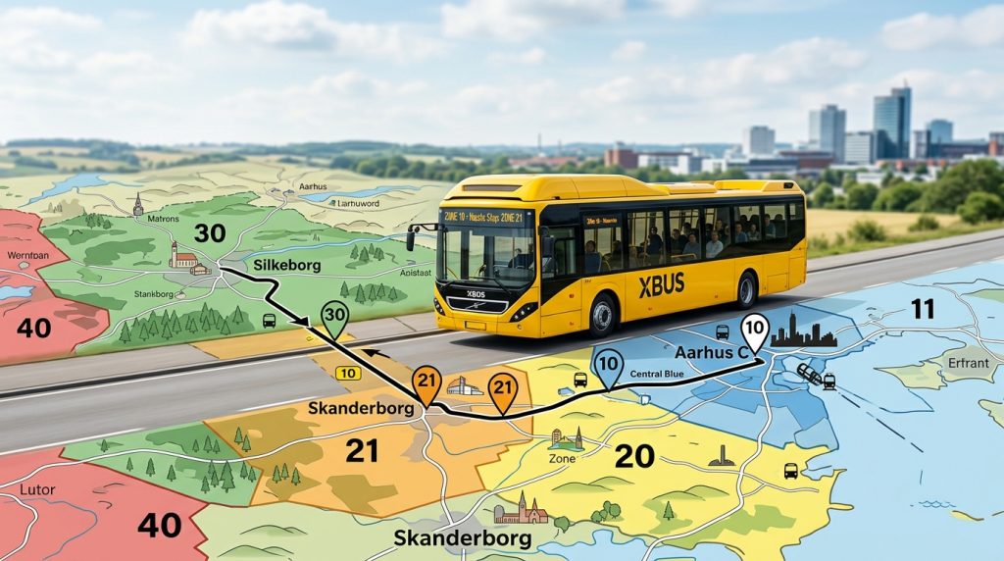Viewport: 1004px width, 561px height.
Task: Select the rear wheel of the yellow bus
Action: [x=746, y=290]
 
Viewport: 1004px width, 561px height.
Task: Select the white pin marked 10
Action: [x=754, y=331]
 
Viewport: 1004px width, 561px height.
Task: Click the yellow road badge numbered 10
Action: [x=347, y=373]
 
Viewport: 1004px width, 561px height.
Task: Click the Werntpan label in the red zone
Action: [x=26, y=256]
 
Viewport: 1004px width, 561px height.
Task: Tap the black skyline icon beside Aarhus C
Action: [x=803, y=336]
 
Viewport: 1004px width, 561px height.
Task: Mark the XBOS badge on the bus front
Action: [x=476, y=294]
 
